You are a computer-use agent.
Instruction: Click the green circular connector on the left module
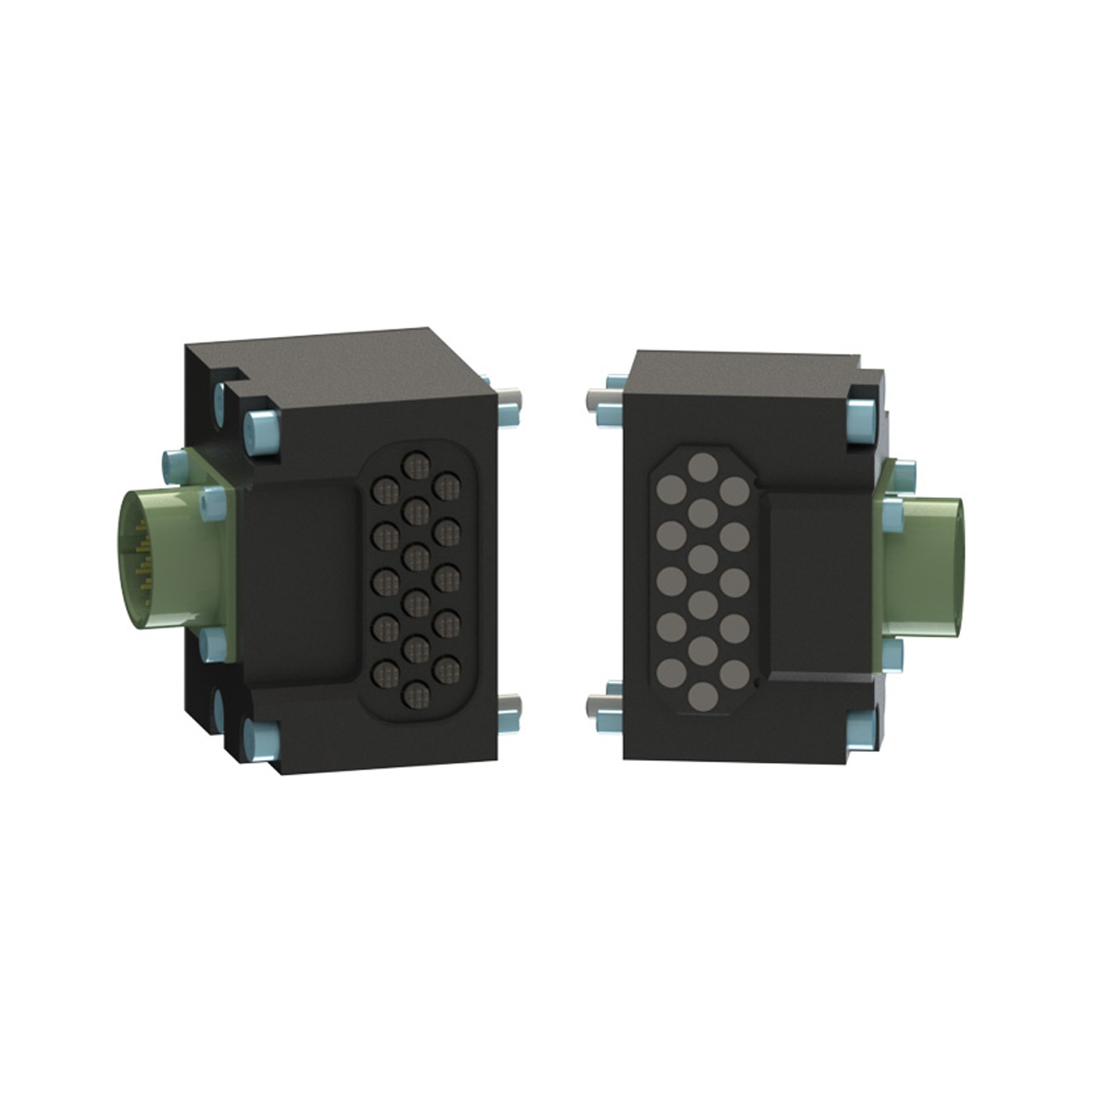[157, 560]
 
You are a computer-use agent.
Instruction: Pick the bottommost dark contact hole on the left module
[416, 692]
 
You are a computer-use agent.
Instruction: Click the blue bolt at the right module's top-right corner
[861, 421]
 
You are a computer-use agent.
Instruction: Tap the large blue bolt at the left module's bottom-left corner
[263, 739]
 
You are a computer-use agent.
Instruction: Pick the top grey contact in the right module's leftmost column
[670, 489]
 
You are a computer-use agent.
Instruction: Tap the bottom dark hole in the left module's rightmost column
[447, 667]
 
